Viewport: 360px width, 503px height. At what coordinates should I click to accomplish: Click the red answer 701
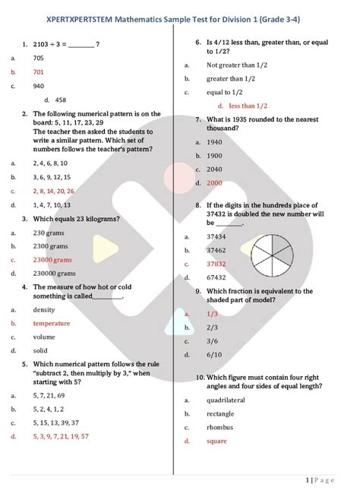pyautogui.click(x=39, y=71)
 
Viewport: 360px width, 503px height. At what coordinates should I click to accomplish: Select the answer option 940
pyautogui.click(x=39, y=86)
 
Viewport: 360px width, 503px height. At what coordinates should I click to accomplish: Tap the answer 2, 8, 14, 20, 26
pyautogui.click(x=53, y=191)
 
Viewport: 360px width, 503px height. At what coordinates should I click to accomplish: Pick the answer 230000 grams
pyautogui.click(x=54, y=273)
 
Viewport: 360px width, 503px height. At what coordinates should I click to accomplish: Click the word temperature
pyautogui.click(x=52, y=323)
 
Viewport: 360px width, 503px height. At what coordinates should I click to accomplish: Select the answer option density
pyautogui.click(x=44, y=310)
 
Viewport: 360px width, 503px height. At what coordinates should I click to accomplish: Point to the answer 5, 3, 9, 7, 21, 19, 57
pyautogui.click(x=61, y=436)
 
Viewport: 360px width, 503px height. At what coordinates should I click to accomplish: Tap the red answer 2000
pyautogui.click(x=214, y=183)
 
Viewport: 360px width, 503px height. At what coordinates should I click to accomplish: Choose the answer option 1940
pyautogui.click(x=214, y=142)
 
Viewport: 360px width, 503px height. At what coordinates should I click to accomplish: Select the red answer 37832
pyautogui.click(x=216, y=264)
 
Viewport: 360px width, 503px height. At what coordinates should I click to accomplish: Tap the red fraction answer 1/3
pyautogui.click(x=212, y=313)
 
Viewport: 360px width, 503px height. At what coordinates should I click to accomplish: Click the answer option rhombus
pyautogui.click(x=219, y=427)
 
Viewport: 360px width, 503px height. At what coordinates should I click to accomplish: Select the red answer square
pyautogui.click(x=216, y=441)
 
